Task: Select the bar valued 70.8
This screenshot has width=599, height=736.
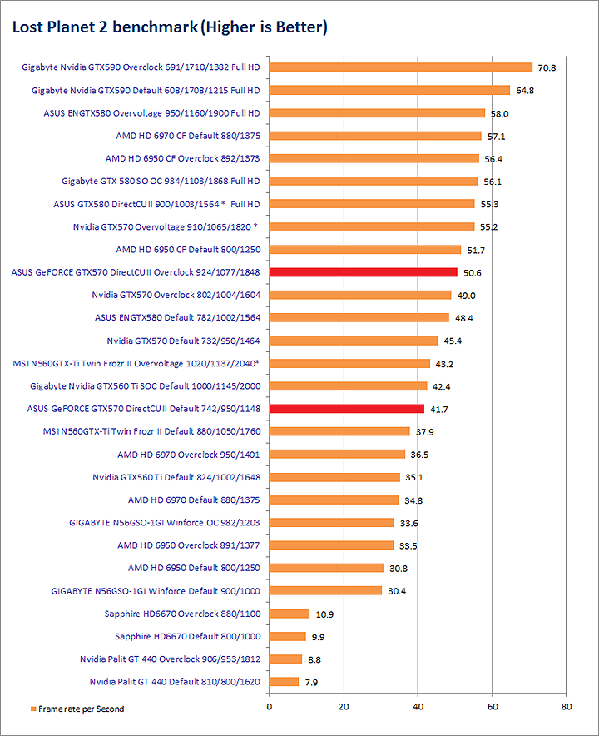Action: point(400,67)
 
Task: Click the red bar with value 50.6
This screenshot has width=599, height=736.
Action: point(363,272)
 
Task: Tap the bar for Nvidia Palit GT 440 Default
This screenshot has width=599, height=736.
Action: point(284,681)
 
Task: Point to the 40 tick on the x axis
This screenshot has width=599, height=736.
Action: point(418,707)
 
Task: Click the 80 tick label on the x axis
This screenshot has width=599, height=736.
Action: point(566,707)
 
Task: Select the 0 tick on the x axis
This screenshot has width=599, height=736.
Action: point(269,707)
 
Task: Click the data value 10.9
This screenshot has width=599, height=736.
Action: point(325,614)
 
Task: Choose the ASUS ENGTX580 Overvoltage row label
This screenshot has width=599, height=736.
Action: point(151,112)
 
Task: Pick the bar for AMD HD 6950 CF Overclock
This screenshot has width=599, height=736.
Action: point(374,158)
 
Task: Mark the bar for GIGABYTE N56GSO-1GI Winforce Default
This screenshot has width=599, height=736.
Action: point(325,590)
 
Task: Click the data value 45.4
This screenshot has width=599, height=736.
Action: point(453,341)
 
